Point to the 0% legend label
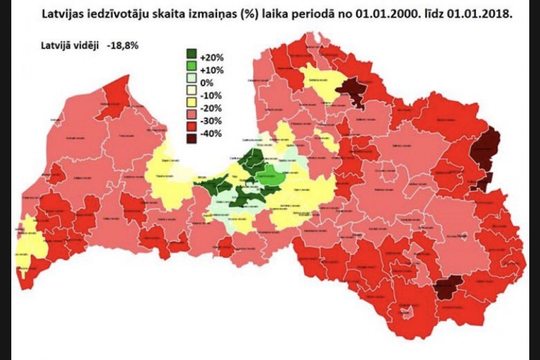click(x=206, y=83)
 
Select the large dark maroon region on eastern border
click(x=485, y=147)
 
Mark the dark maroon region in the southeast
click(x=449, y=286)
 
